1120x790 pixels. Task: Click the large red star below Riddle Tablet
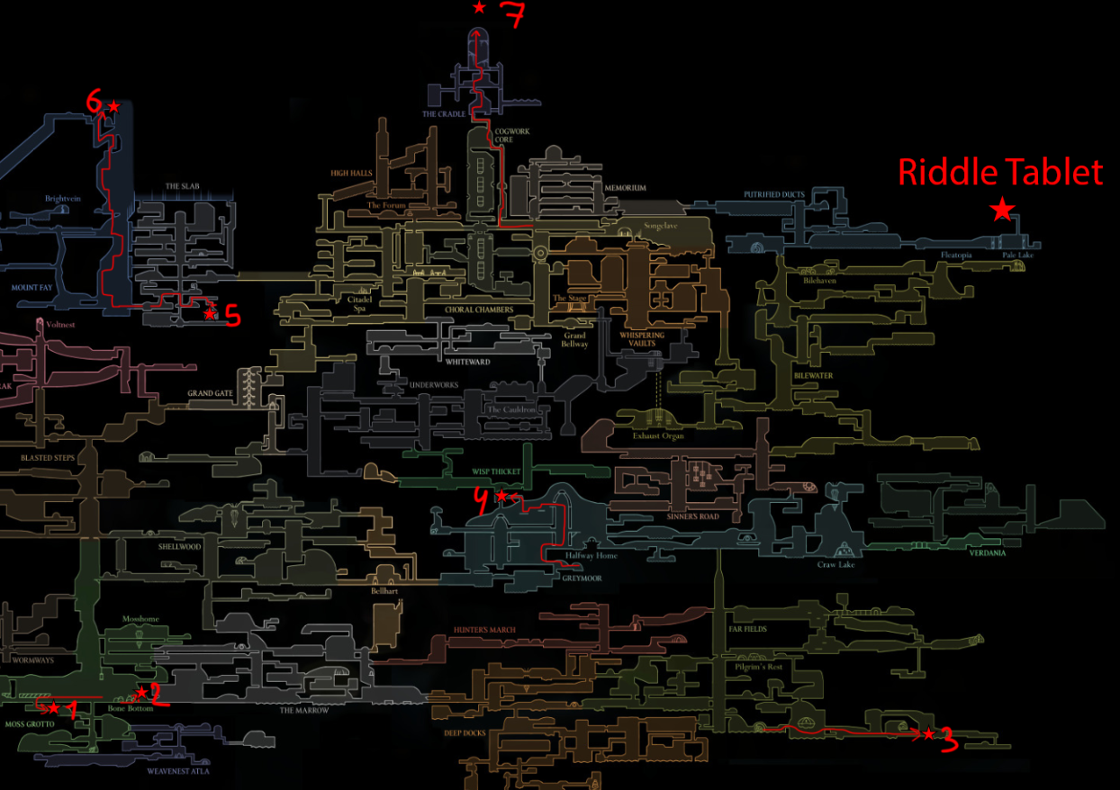[1002, 211]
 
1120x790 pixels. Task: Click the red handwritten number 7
[511, 15]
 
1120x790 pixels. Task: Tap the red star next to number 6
[113, 107]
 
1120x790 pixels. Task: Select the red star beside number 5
[210, 314]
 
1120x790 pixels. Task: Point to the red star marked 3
[928, 734]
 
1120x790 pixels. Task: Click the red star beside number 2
[141, 692]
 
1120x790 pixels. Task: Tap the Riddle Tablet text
[1000, 172]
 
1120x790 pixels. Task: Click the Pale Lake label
[1019, 256]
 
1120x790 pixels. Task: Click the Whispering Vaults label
[642, 339]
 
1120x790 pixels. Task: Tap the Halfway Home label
[592, 556]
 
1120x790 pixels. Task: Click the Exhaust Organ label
[658, 435]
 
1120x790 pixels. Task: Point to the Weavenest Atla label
[177, 770]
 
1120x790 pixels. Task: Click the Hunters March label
[484, 630]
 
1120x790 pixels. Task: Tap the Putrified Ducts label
[773, 194]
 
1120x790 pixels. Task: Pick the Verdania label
[988, 553]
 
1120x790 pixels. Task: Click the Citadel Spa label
[348, 304]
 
